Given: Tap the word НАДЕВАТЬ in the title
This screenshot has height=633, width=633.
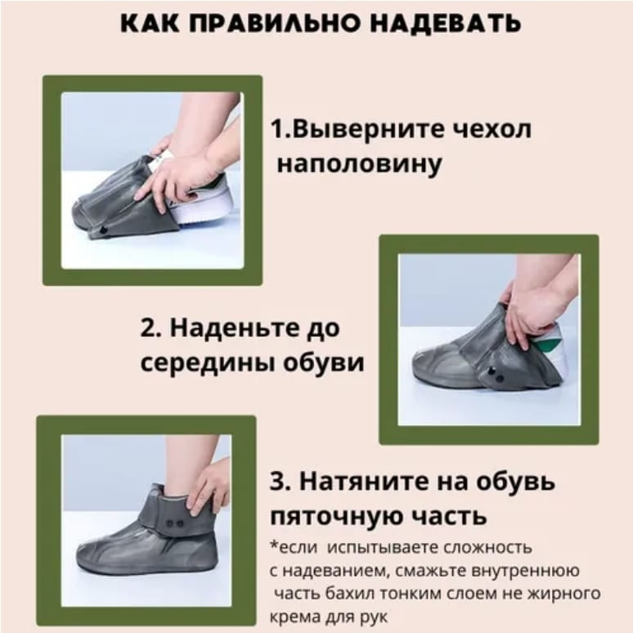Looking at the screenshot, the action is click(445, 24).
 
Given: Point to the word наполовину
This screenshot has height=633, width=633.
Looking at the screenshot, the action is click(359, 164).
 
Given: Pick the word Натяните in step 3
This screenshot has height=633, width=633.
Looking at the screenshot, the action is click(364, 482).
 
